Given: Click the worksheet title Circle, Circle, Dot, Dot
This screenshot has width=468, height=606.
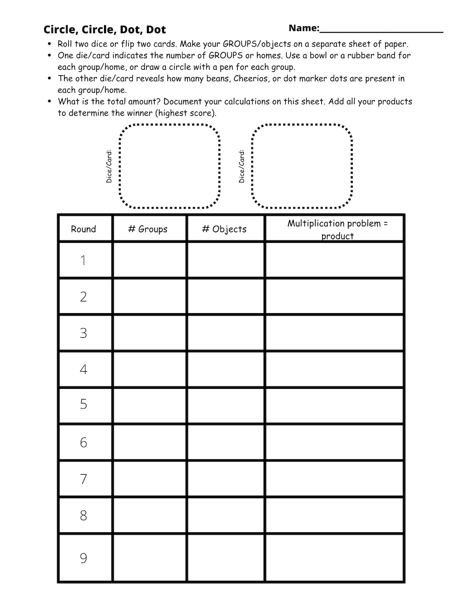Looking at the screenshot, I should point(105,29).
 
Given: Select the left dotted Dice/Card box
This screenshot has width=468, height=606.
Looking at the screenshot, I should point(170,166).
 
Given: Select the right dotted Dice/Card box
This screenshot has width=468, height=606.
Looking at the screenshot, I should point(302,166).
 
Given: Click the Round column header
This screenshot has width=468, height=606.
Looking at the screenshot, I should point(83,229).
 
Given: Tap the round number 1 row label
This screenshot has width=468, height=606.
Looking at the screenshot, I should point(83,260).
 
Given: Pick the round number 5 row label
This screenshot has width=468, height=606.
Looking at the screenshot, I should point(83,405).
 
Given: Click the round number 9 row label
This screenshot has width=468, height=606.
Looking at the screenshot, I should point(83,558).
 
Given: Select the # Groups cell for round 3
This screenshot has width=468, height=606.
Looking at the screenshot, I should point(149,333).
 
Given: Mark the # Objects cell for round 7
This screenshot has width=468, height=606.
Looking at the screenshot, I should point(226,478).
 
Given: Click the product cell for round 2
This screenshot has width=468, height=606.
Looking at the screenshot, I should point(334,296).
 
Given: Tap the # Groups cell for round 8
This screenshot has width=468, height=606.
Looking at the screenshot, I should point(149,516).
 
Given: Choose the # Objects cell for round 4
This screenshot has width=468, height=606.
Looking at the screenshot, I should point(226,369).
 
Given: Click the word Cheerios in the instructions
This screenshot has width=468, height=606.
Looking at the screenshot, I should point(253,78).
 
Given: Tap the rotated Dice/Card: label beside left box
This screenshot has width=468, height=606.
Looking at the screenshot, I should point(109,166).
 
